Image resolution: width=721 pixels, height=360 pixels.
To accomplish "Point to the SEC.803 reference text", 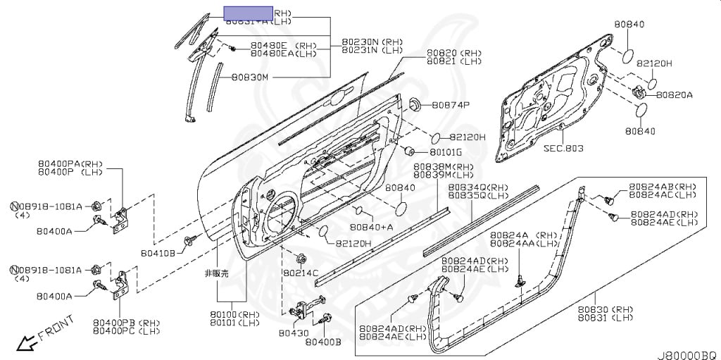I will pos(564,149).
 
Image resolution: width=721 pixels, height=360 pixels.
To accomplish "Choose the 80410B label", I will pos(158,252).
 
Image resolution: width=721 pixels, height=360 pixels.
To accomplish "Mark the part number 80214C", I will pos(301,272).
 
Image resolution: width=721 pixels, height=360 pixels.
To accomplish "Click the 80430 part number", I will pos(293,333).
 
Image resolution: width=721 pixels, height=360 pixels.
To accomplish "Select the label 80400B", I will pos(323,342).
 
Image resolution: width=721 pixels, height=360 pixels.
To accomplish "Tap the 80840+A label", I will pos(372,228).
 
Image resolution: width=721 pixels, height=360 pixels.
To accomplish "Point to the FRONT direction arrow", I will pos(28,344).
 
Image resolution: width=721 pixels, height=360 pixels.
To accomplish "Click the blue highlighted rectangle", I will pos(248,13).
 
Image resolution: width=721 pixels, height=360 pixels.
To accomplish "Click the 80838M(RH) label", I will pos(444,167).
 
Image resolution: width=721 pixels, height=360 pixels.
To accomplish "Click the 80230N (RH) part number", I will pos(372,42).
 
